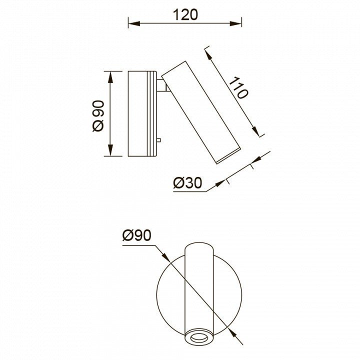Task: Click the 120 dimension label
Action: (x=185, y=15)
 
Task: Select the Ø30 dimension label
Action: (x=187, y=183)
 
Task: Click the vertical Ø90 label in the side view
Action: (x=98, y=116)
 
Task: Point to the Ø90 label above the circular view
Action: (x=137, y=235)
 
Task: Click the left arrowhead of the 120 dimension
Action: (x=134, y=23)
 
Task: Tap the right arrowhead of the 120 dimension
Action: (x=235, y=23)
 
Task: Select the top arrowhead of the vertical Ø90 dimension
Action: (x=110, y=77)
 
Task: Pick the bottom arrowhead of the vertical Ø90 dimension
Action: (x=110, y=150)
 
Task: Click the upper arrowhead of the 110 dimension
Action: (x=208, y=54)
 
